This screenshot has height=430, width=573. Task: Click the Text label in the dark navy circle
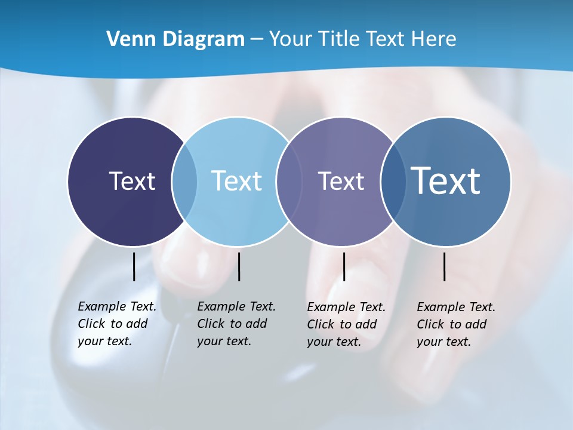[132, 181]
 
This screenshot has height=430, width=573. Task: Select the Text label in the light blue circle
[237, 181]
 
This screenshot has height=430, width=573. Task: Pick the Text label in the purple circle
[341, 181]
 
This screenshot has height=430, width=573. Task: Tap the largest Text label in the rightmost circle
[446, 181]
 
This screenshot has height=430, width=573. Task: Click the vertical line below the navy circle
[134, 266]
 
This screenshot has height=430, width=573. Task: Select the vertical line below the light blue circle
[239, 266]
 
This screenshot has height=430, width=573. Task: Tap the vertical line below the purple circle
[344, 266]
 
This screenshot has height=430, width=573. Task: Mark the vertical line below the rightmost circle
[445, 266]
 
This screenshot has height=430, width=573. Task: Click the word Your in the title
[291, 39]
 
